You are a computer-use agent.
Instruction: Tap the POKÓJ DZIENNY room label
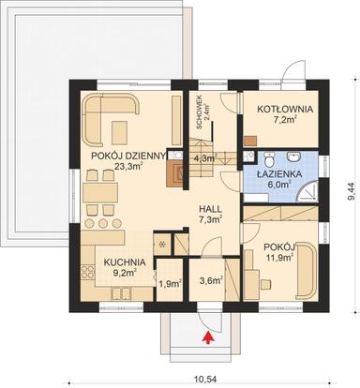(x=124, y=156)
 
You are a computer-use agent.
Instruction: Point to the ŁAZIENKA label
(x=280, y=172)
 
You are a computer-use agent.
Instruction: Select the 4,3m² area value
(x=204, y=158)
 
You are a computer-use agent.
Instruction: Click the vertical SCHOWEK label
(x=198, y=113)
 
